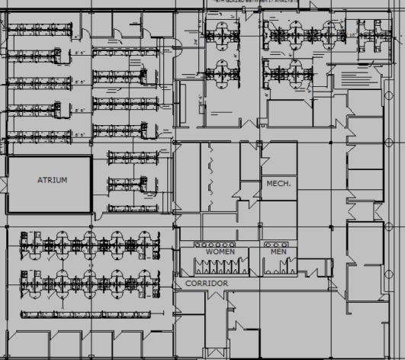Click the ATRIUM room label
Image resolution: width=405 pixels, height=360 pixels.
coord(53,181)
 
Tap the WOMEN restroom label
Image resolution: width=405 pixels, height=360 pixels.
coord(220,251)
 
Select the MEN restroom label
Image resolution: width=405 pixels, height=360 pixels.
coord(278,251)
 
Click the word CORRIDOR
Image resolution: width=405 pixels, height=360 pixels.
coord(207,284)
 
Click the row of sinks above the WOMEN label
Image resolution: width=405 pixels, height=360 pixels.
coord(220,244)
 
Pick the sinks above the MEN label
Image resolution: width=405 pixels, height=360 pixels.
coord(278,244)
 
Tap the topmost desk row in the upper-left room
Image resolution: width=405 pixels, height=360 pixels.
coord(41,31)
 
